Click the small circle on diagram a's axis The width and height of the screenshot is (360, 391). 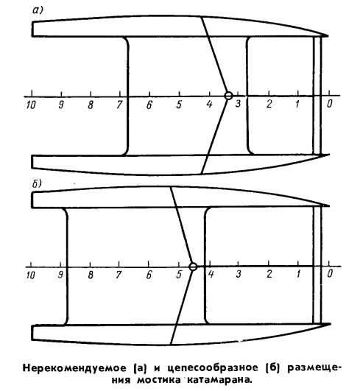click(228, 96)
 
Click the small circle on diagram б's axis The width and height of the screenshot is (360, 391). click(193, 267)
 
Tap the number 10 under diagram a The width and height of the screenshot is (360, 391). click(31, 105)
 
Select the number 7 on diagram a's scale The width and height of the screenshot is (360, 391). click(119, 105)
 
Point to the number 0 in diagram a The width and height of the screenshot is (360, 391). click(330, 103)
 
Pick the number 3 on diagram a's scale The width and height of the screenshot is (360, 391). click(238, 103)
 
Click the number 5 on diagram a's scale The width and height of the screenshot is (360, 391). click(179, 105)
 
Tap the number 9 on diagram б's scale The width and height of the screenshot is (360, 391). click(60, 275)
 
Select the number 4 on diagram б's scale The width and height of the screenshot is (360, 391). click(211, 274)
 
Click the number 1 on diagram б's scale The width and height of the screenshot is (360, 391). click(298, 274)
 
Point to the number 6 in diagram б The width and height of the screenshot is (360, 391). click(149, 275)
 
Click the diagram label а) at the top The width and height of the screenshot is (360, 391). click(38, 10)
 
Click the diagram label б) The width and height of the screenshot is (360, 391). click(37, 184)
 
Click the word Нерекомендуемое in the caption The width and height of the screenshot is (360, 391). click(74, 368)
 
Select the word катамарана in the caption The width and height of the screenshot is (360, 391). click(219, 380)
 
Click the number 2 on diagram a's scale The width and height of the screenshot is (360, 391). click(269, 104)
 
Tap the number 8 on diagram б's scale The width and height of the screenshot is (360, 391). click(91, 275)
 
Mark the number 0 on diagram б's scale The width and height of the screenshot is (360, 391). click(330, 273)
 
